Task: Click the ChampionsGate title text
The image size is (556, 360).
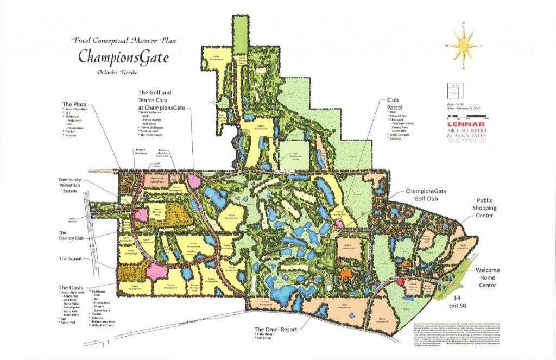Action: (x=123, y=56)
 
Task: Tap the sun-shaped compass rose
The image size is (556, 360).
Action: (x=463, y=45)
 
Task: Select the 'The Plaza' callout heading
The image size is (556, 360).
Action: (x=75, y=104)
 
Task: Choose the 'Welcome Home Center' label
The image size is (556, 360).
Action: (x=488, y=277)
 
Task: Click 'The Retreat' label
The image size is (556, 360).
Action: (x=71, y=258)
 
